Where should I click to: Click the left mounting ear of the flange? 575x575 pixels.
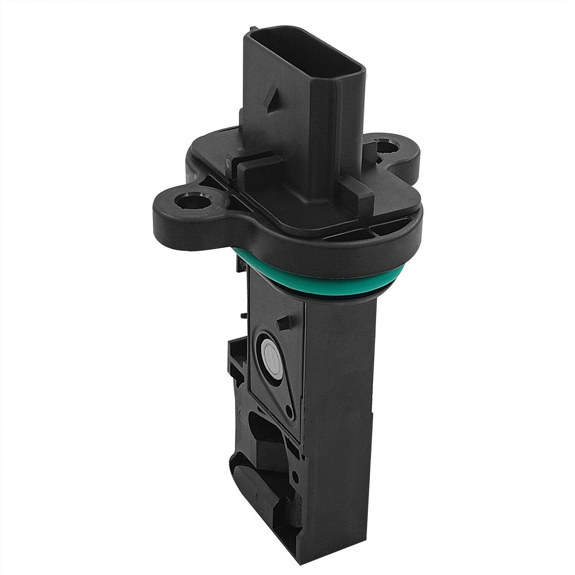[180, 207]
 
